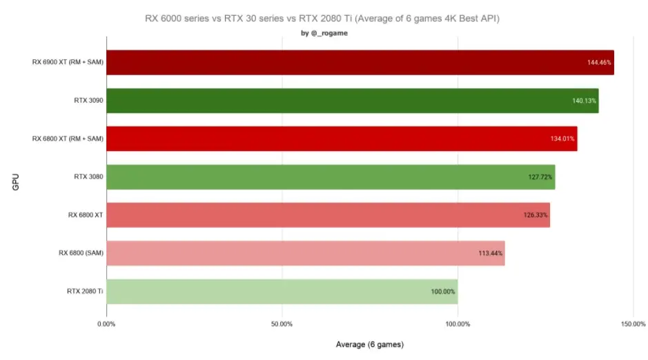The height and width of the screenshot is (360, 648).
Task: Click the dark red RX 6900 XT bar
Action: pyautogui.click(x=360, y=62)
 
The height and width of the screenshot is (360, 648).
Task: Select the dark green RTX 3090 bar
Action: pyautogui.click(x=353, y=101)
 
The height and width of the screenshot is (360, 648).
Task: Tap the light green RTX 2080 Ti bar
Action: pyautogui.click(x=282, y=292)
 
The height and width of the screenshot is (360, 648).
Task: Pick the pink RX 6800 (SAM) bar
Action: pyautogui.click(x=306, y=253)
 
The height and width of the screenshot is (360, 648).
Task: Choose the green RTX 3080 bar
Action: pyautogui.click(x=331, y=177)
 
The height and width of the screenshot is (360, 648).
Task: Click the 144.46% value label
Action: pyautogui.click(x=599, y=62)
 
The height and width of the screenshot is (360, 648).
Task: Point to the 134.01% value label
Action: pyautogui.click(x=562, y=139)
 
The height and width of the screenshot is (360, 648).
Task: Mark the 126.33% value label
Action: pyautogui.click(x=536, y=215)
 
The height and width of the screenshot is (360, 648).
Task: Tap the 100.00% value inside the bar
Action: pyautogui.click(x=443, y=292)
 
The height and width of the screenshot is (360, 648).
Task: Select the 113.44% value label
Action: pyautogui.click(x=490, y=253)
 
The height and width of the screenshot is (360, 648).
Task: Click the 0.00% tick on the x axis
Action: pyautogui.click(x=106, y=324)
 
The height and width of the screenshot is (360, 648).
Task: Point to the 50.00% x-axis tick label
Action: pyautogui.click(x=282, y=324)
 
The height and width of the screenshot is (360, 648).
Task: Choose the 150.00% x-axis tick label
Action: pyautogui.click(x=633, y=324)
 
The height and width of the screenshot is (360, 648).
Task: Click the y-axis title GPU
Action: pyautogui.click(x=16, y=182)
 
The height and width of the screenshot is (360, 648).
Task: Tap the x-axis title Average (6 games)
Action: pyautogui.click(x=370, y=344)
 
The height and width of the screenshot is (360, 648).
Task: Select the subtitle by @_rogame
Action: pyautogui.click(x=324, y=33)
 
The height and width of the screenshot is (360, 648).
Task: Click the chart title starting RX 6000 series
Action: pyautogui.click(x=322, y=19)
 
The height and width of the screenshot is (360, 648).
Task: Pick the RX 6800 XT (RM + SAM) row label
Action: pyautogui.click(x=68, y=139)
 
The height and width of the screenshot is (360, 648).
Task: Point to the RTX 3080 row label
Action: pyautogui.click(x=88, y=177)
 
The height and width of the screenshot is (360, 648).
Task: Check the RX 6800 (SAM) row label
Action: pyautogui.click(x=81, y=252)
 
